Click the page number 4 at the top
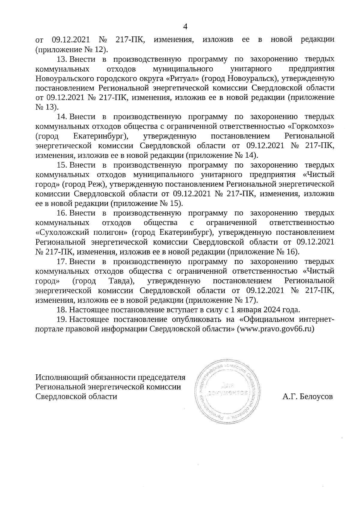coord(185,27)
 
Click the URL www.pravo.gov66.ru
coord(275,329)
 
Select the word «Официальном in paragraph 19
coord(271,319)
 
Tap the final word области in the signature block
coord(101,396)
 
